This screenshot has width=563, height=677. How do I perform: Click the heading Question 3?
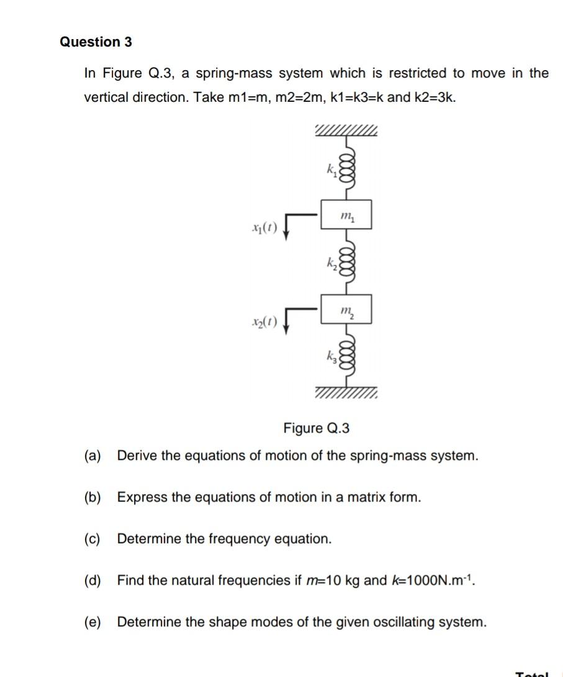[96, 42]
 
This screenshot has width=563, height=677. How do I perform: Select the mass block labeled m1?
[346, 215]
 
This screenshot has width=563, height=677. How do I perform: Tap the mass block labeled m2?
[346, 309]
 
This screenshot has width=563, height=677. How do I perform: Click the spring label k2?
[331, 262]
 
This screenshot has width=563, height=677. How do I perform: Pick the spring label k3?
[331, 357]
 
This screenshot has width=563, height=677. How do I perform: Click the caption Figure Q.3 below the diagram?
[317, 428]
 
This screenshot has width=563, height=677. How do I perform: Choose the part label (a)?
[92, 456]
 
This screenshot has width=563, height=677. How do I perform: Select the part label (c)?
[92, 539]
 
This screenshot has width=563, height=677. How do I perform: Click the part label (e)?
[92, 622]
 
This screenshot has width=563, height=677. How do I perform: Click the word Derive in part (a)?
[137, 456]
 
